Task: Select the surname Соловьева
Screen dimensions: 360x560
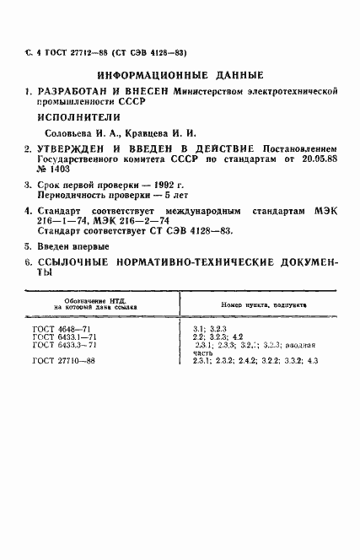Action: [x=69, y=133]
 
